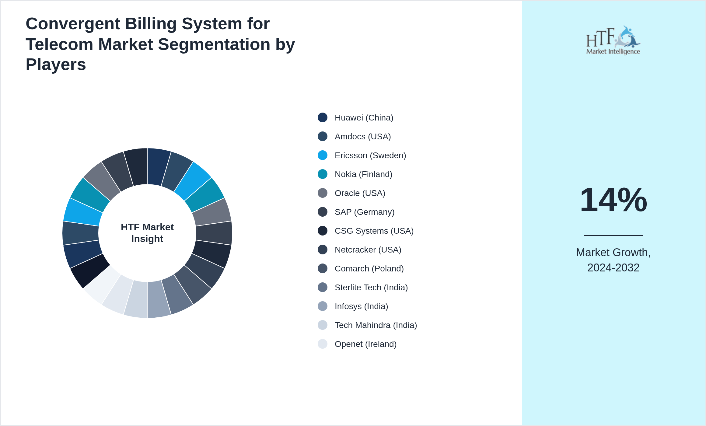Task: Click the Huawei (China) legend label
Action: pyautogui.click(x=364, y=118)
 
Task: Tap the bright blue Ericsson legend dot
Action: pyautogui.click(x=323, y=155)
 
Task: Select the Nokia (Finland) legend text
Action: pyautogui.click(x=363, y=174)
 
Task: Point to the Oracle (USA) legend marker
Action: pyautogui.click(x=323, y=193)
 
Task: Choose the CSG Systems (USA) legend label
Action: pyautogui.click(x=374, y=231)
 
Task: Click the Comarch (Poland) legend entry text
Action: pyautogui.click(x=369, y=269)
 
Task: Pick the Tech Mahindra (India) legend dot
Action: pyautogui.click(x=323, y=325)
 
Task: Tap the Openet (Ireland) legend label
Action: pyautogui.click(x=365, y=344)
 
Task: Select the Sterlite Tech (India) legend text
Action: pyautogui.click(x=371, y=288)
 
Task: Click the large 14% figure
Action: pyautogui.click(x=613, y=200)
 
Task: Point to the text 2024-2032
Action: pyautogui.click(x=613, y=268)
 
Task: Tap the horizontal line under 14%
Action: pyautogui.click(x=613, y=235)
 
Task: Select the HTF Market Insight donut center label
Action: pyautogui.click(x=147, y=233)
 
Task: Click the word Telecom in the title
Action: pyautogui.click(x=59, y=44)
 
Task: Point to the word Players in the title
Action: pyautogui.click(x=56, y=65)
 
